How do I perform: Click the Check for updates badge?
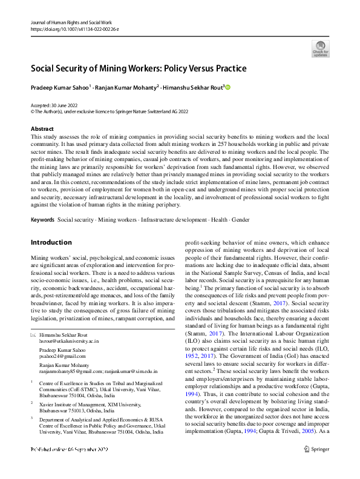coord(320,48)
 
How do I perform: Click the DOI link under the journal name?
coord(71,28)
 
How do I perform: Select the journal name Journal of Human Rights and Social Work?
coord(71,21)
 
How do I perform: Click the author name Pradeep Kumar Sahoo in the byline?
coord(59,88)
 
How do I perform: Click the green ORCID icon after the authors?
coord(228,87)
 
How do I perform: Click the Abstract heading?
coord(42,129)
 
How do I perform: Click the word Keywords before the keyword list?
coord(42,219)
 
